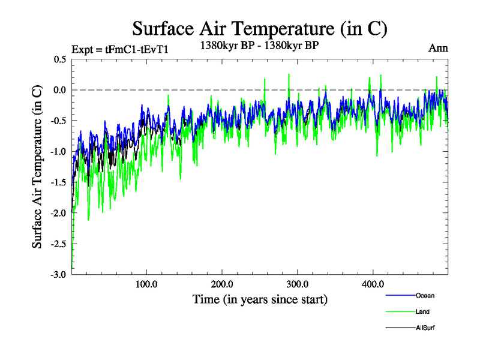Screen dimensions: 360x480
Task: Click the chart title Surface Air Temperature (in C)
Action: coord(259,29)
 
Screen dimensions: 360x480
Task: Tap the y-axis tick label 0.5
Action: coord(60,59)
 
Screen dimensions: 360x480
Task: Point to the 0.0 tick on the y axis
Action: coord(60,90)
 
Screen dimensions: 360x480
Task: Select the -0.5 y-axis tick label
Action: coord(58,121)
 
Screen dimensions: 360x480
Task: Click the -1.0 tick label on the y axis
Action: coord(58,151)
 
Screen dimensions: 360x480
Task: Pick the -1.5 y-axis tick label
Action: coord(58,182)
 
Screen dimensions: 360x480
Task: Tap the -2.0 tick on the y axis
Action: coord(58,213)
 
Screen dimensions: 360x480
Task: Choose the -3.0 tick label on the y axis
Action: coord(58,275)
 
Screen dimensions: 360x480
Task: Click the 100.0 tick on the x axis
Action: coord(146,284)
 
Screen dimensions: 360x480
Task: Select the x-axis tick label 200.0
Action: coord(222,284)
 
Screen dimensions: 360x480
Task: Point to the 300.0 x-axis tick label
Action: coord(298,284)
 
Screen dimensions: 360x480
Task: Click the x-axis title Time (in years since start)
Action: coord(260,298)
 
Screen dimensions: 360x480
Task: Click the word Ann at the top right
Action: coord(438,48)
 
